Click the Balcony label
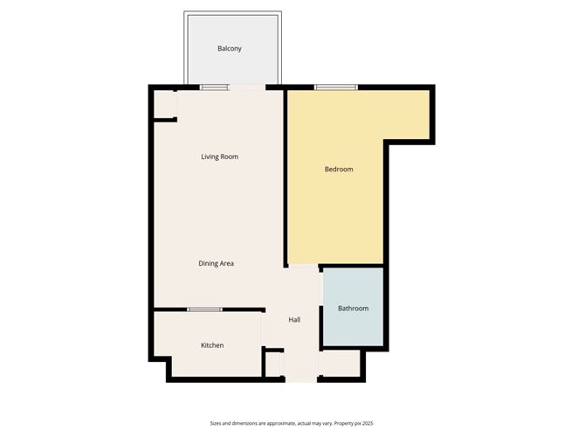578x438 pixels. point(230,49)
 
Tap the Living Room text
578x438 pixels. point(219,157)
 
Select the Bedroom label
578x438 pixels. point(339,170)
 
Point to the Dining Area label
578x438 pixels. point(216,263)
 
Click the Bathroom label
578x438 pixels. point(353,309)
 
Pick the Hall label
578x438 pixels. point(295,320)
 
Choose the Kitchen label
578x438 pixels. point(212,345)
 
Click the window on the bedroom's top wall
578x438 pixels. point(336,87)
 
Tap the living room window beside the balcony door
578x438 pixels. point(214,87)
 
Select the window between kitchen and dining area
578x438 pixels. point(204,309)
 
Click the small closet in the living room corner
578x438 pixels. point(164,106)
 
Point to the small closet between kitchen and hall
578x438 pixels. point(274,363)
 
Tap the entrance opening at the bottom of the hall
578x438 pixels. point(301,379)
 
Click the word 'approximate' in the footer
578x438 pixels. point(272,422)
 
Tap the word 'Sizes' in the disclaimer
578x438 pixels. point(217,422)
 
